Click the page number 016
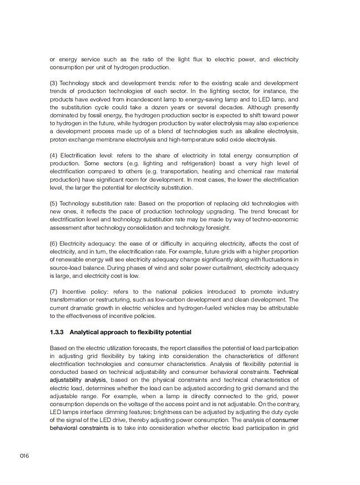[24, 455]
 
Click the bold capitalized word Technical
[285, 372]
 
